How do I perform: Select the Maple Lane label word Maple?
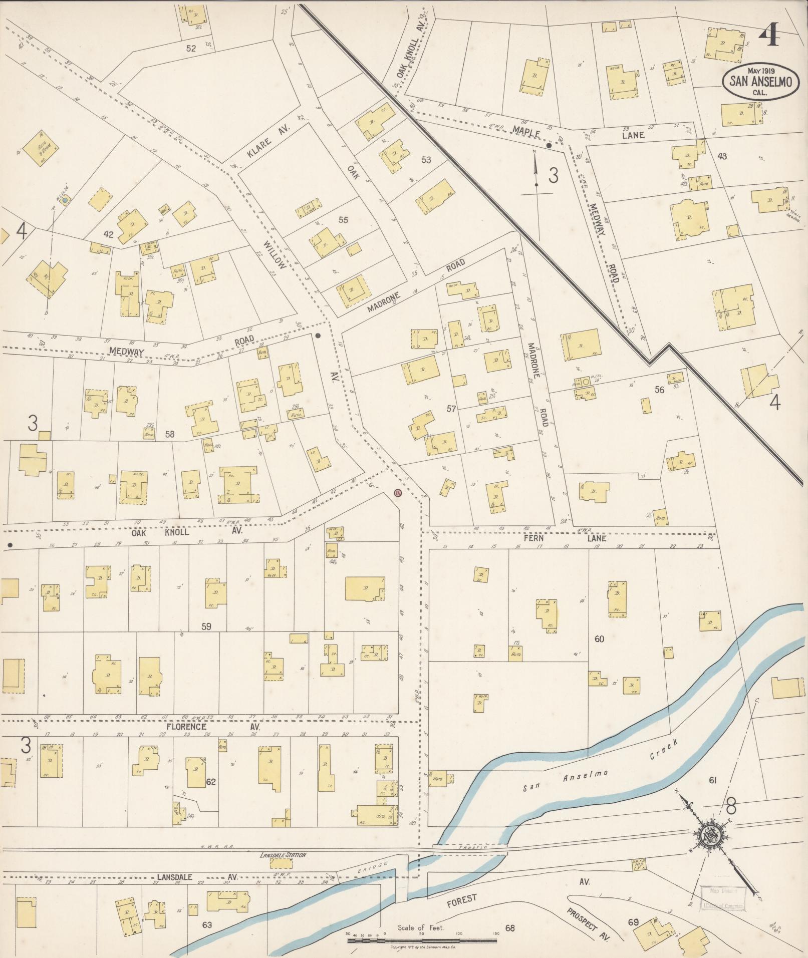(x=525, y=133)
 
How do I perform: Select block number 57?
(x=451, y=409)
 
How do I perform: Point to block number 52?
(x=191, y=49)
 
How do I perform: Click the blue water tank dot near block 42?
(x=65, y=200)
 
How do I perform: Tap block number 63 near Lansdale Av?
(x=207, y=924)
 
